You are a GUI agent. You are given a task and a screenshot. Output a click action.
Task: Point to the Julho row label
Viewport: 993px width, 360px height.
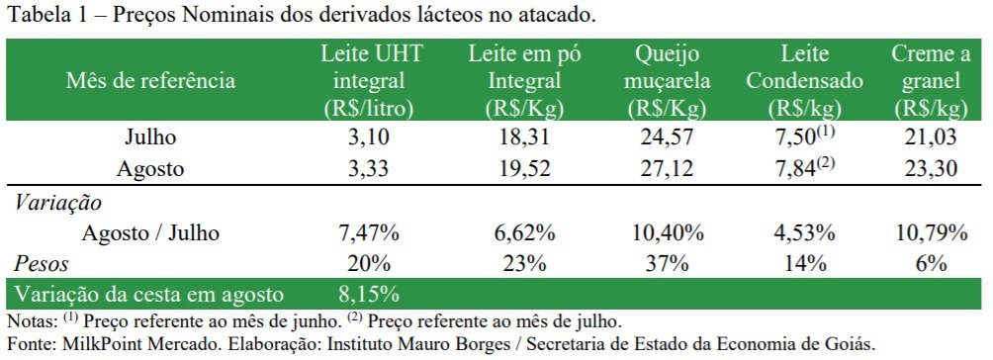point(150,136)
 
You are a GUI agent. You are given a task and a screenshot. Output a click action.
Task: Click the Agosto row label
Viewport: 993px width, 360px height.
point(150,169)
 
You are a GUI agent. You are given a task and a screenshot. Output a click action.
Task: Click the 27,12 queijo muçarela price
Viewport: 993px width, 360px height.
point(668,169)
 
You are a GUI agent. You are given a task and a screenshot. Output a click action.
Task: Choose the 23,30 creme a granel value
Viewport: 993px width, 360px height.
point(931,169)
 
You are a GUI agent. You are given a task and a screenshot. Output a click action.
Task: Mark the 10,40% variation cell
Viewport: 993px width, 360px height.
point(668,234)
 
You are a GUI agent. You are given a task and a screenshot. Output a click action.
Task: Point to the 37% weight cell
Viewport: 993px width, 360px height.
point(668,264)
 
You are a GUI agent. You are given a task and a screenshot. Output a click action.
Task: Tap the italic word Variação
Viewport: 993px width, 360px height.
point(57,203)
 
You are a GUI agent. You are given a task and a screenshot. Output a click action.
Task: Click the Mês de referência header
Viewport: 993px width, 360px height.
point(150,80)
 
